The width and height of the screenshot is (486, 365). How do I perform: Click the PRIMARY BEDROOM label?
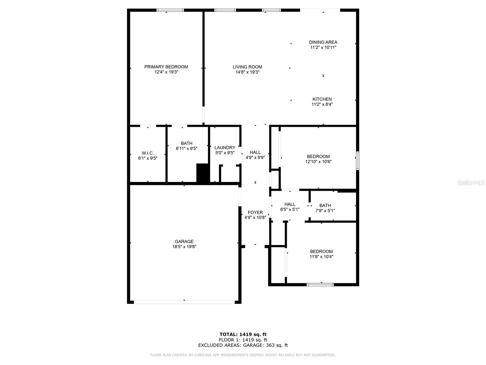[x=166, y=67]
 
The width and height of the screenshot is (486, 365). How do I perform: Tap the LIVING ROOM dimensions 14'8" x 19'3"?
[x=247, y=72]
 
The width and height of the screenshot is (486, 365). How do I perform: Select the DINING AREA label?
[x=323, y=42]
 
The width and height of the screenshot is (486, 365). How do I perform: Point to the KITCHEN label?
[x=322, y=99]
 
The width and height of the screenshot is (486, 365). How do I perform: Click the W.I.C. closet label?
[x=148, y=153]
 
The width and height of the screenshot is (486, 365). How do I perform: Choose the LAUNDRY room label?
[x=225, y=148]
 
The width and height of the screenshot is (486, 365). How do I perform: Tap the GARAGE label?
[x=184, y=242]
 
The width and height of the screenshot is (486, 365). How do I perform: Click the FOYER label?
[x=255, y=212]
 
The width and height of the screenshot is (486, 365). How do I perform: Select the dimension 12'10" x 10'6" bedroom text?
[x=318, y=162]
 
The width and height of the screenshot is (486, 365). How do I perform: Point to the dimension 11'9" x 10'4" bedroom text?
[x=321, y=257]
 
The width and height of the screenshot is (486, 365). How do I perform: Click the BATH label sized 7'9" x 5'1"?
[x=325, y=205]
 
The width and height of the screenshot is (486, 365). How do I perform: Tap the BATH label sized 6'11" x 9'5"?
[x=187, y=143]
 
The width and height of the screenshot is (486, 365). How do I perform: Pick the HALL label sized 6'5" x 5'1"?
[x=290, y=204]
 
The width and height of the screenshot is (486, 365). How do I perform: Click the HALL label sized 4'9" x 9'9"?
[x=255, y=152]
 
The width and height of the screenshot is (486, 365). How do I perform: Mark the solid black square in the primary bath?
[x=202, y=173]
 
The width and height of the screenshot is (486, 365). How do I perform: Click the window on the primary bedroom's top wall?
[x=170, y=10]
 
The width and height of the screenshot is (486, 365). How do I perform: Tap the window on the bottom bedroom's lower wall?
[x=320, y=285]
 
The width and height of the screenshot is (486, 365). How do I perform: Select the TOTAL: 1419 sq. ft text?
[x=243, y=334]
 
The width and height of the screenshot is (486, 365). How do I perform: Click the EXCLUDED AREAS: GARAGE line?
[x=243, y=345]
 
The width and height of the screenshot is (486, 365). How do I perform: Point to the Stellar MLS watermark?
[x=471, y=182]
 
